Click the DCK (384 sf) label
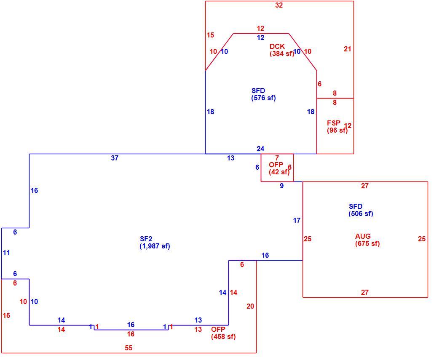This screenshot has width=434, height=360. pyautogui.click(x=282, y=50)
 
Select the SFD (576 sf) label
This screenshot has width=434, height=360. pyautogui.click(x=263, y=94)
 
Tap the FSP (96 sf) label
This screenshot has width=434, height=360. pyautogui.click(x=337, y=127)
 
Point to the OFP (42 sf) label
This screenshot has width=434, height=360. pyautogui.click(x=279, y=168)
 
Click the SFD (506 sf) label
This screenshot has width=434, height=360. pyautogui.click(x=361, y=210)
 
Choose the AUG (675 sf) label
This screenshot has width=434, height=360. pyautogui.click(x=367, y=240)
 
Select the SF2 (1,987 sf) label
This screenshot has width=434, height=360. pyautogui.click(x=155, y=243)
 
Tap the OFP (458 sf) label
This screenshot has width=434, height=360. pyautogui.click(x=223, y=333)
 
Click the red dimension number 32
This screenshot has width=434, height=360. pyautogui.click(x=279, y=5)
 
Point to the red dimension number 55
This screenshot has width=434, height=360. pyautogui.click(x=129, y=348)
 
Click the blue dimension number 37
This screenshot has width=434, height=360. pyautogui.click(x=115, y=158)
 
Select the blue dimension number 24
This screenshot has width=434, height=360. pyautogui.click(x=260, y=149)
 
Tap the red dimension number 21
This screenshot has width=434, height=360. pyautogui.click(x=347, y=49)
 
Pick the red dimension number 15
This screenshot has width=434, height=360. pyautogui.click(x=210, y=35)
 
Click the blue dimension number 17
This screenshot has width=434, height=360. pyautogui.click(x=297, y=220)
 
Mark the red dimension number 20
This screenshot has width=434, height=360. pyautogui.click(x=250, y=306)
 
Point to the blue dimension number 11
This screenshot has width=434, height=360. pyautogui.click(x=6, y=253)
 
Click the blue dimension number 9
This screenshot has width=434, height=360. pyautogui.click(x=282, y=186)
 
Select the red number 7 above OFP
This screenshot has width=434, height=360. pyautogui.click(x=277, y=158)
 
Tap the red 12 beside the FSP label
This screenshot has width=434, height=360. pyautogui.click(x=348, y=125)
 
